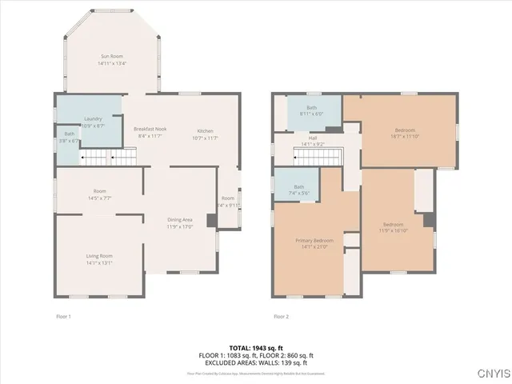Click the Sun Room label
pyautogui.click(x=111, y=56)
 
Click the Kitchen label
pyautogui.click(x=206, y=130)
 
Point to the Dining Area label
pyautogui.click(x=179, y=219)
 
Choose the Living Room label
pyautogui.click(x=99, y=255)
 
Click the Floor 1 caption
pyautogui.click(x=63, y=317)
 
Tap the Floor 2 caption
pyautogui.click(x=281, y=317)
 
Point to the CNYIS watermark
pyautogui.click(x=491, y=373)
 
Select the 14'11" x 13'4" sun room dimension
pyautogui.click(x=111, y=62)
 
